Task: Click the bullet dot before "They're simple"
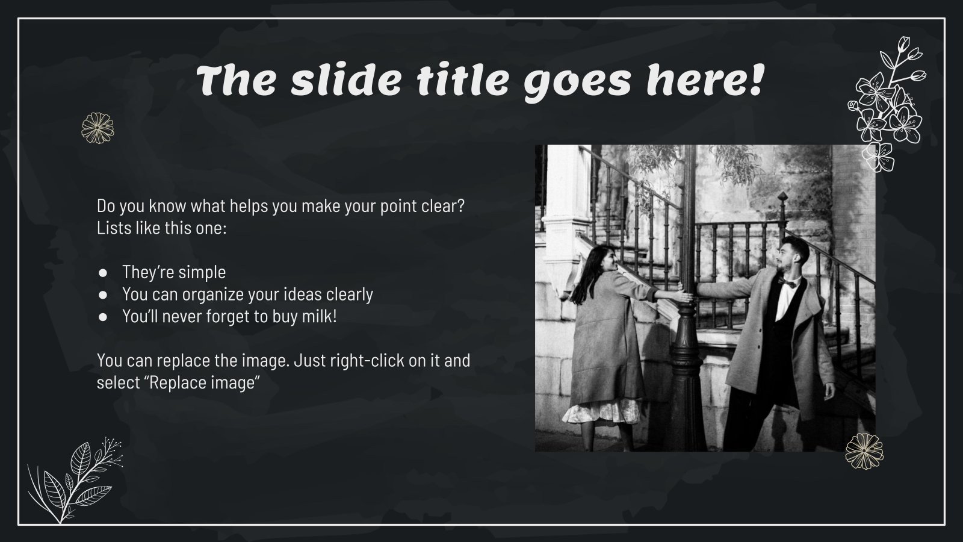tap(103, 272)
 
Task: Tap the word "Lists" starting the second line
tap(113, 228)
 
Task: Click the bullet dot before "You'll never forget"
tap(103, 316)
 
